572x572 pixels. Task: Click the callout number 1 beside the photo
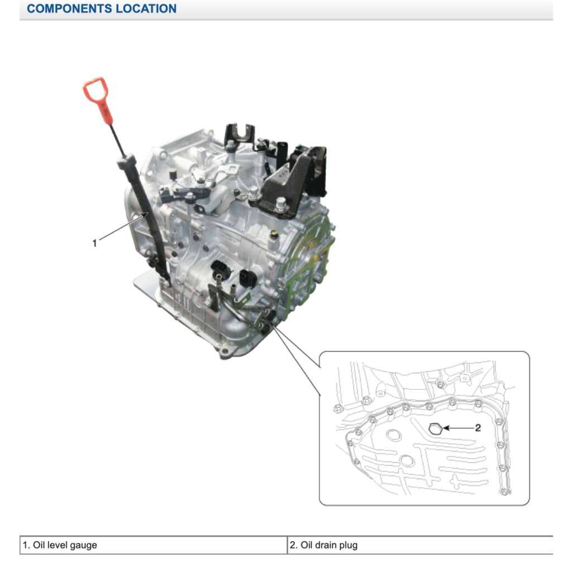pos(95,242)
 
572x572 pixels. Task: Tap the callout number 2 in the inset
pos(478,428)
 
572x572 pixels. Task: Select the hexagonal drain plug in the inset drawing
pos(436,428)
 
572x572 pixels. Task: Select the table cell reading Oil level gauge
pos(153,545)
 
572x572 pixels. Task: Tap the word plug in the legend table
pos(347,545)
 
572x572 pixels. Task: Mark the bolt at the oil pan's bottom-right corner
pos(505,492)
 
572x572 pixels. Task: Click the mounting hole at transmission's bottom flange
pos(225,351)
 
